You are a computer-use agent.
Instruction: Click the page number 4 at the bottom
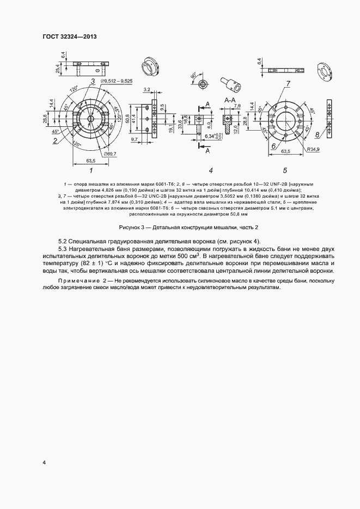pos(44,463)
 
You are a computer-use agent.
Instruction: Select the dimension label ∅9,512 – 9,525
pos(117,81)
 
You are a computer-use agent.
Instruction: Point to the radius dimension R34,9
pos(313,148)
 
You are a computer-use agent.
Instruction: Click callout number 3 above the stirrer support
pos(93,81)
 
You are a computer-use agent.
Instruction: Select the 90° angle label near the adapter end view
pos(193,75)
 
